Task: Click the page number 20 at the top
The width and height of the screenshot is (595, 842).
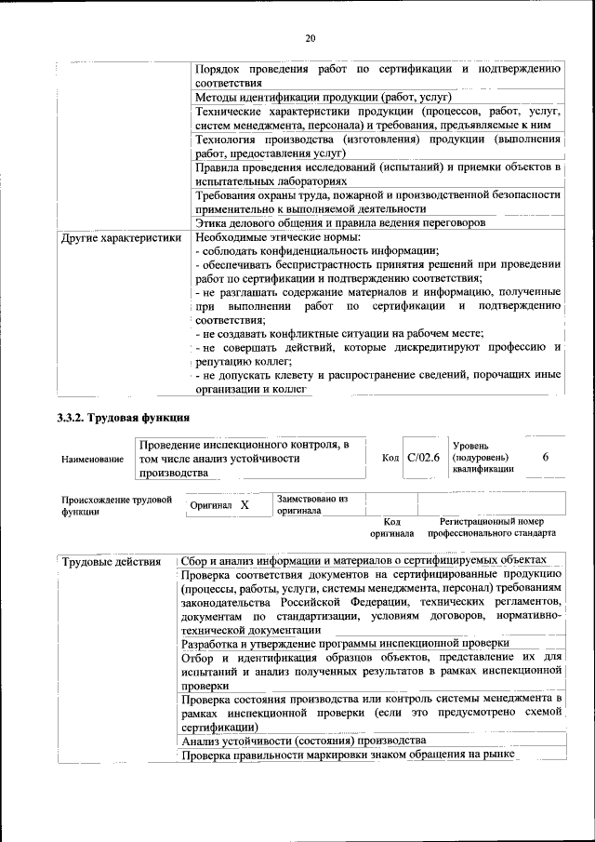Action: (x=310, y=38)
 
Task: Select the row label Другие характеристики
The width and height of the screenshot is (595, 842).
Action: (x=120, y=238)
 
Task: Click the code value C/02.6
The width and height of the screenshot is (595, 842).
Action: (x=422, y=458)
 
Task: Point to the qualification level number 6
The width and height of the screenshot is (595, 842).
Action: (x=546, y=458)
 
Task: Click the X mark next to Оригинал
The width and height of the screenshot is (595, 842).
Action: (x=245, y=504)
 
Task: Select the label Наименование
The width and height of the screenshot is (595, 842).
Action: (x=92, y=460)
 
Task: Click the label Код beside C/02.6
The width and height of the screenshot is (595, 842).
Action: (x=390, y=458)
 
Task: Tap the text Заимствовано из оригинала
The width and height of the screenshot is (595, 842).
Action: (x=311, y=504)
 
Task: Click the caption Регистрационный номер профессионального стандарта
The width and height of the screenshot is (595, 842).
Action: (x=492, y=528)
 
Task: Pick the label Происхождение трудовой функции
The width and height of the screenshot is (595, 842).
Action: (x=117, y=505)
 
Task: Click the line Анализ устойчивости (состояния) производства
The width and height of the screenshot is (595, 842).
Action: (x=304, y=741)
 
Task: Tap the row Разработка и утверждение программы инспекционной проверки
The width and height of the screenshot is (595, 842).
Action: (x=345, y=643)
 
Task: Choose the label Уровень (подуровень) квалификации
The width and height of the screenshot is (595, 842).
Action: (x=482, y=458)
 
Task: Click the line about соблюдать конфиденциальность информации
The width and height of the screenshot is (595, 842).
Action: (x=317, y=252)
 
